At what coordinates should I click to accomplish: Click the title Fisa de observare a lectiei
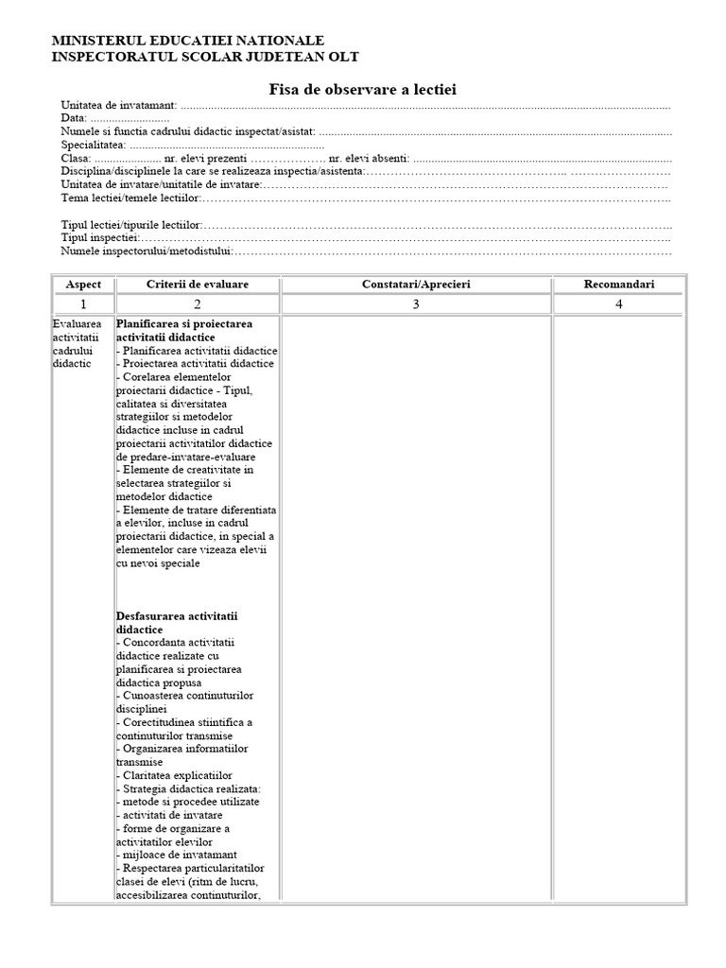[x=363, y=89]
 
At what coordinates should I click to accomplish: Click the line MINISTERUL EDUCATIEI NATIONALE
[x=188, y=41]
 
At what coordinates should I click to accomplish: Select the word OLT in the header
[x=343, y=57]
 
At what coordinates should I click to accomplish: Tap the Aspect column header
[x=83, y=285]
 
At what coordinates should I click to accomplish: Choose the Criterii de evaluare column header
[x=198, y=285]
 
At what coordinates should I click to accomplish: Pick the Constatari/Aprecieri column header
[x=416, y=285]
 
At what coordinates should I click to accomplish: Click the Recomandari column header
[x=619, y=285]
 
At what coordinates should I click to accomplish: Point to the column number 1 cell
[x=83, y=304]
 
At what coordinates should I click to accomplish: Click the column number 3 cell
[x=416, y=304]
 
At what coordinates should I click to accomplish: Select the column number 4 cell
[x=619, y=304]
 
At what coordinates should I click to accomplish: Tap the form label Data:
[x=75, y=119]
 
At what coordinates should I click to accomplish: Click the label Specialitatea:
[x=94, y=146]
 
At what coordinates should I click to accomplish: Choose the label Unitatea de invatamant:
[x=119, y=106]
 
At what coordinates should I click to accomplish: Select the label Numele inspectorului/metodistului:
[x=146, y=251]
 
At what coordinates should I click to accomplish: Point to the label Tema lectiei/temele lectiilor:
[x=131, y=199]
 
